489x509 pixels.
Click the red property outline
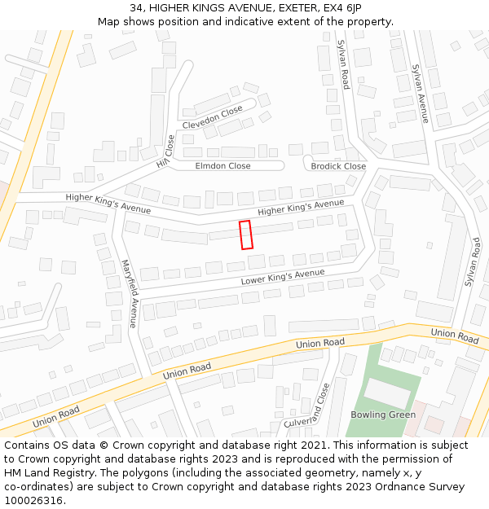point(245,235)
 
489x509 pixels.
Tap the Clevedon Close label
point(212,117)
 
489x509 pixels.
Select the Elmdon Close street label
point(222,166)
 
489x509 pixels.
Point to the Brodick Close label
point(338,166)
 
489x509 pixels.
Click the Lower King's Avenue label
point(283,278)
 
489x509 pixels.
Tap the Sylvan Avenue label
point(421,93)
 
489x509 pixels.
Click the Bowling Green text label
point(383,415)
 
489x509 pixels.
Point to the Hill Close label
point(165,151)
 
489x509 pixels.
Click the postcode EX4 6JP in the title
point(342,8)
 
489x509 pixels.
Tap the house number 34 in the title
point(136,8)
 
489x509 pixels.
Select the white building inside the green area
point(387,394)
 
